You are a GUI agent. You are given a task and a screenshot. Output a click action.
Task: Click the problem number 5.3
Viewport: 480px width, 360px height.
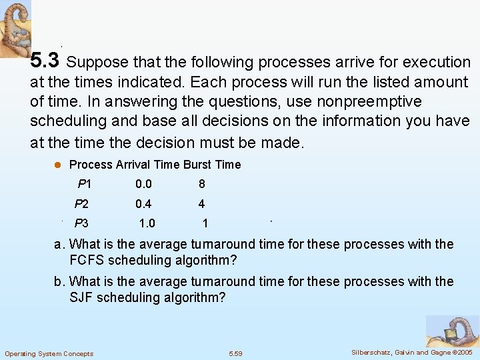[45, 61]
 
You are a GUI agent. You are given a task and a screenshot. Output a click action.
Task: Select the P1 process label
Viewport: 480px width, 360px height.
[85, 184]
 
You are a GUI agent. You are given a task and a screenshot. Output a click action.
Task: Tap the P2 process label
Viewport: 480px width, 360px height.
[81, 204]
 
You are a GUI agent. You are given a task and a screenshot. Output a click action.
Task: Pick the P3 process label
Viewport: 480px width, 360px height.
[81, 223]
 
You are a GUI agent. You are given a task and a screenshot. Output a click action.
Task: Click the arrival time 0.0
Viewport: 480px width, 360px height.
[143, 184]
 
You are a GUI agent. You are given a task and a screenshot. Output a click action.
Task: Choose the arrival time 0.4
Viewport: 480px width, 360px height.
[143, 204]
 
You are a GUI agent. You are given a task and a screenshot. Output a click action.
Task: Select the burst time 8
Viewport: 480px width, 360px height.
[201, 184]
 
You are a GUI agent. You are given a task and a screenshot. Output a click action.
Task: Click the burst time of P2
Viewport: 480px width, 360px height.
[201, 204]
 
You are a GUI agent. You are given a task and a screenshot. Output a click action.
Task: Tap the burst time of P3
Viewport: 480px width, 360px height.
[205, 223]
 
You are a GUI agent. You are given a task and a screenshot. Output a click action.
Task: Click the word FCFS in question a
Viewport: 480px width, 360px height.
[88, 260]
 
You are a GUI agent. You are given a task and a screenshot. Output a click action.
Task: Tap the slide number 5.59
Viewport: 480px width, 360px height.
[236, 353]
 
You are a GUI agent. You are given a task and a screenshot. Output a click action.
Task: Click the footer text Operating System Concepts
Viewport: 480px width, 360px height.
[49, 353]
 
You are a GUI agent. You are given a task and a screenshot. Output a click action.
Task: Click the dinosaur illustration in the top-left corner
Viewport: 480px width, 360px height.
[15, 29]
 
